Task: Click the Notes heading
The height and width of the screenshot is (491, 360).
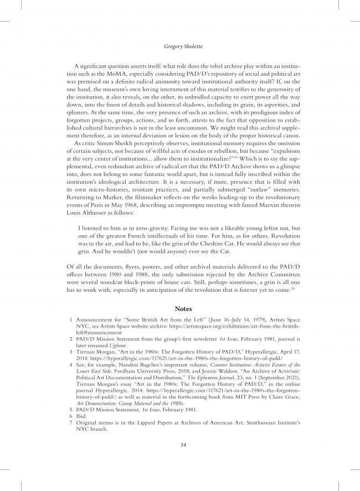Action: point(179,308)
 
